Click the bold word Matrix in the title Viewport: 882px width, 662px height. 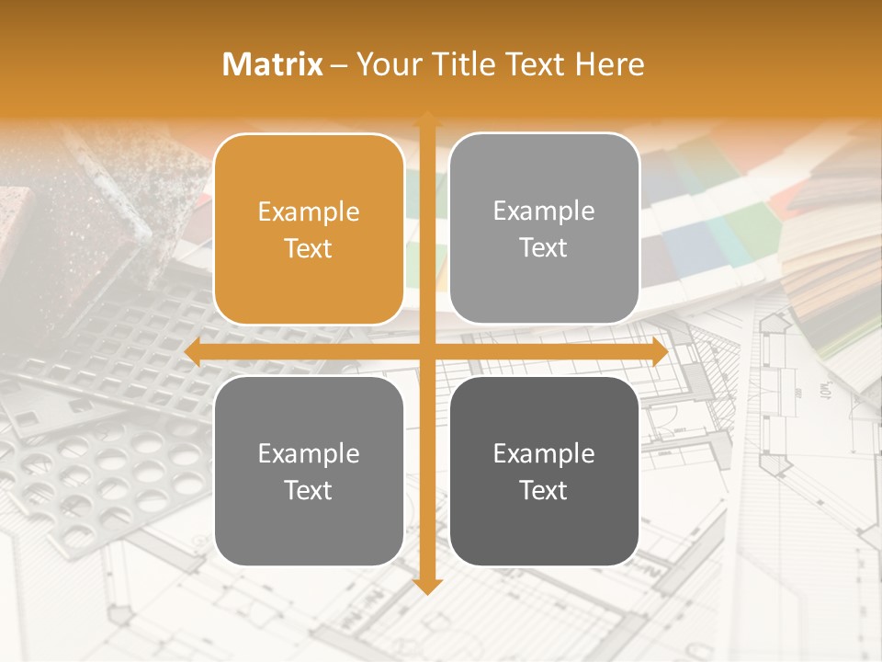pyautogui.click(x=273, y=64)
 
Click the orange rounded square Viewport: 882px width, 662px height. pyautogui.click(x=309, y=229)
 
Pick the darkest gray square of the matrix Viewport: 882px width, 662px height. pyautogui.click(x=544, y=471)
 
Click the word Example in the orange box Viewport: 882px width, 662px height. pyautogui.click(x=309, y=212)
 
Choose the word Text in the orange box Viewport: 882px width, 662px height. pyautogui.click(x=309, y=249)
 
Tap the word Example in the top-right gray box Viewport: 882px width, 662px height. pyautogui.click(x=544, y=211)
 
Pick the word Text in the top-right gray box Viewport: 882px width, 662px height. pyautogui.click(x=544, y=248)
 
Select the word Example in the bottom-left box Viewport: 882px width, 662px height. pyautogui.click(x=309, y=454)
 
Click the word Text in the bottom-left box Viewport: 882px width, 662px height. pyautogui.click(x=309, y=491)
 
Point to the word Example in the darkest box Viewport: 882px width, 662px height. pyautogui.click(x=544, y=454)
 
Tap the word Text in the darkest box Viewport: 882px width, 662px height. pyautogui.click(x=544, y=491)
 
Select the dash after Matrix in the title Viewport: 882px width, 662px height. pyautogui.click(x=339, y=65)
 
